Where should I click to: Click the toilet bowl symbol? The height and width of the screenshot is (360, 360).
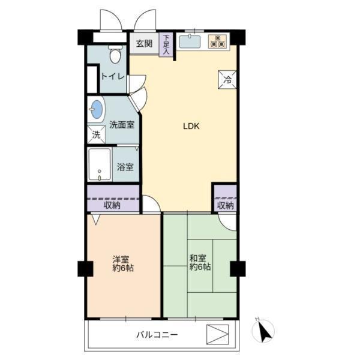[115, 55]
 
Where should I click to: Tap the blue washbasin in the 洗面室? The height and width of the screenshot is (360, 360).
[97, 109]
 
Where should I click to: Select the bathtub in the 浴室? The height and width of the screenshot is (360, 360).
[100, 164]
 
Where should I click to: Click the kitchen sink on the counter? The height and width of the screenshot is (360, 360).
[190, 41]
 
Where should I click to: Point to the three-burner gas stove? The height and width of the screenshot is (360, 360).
[218, 41]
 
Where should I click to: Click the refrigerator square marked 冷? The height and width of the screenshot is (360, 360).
[227, 79]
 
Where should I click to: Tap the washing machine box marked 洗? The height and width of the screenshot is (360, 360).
[96, 134]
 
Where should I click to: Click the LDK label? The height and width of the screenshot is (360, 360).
[191, 126]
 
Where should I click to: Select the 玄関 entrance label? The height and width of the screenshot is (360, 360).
[144, 43]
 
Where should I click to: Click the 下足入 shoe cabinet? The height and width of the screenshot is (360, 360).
[166, 44]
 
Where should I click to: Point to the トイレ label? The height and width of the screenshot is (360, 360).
[113, 76]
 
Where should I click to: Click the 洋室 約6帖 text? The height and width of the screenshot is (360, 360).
[123, 263]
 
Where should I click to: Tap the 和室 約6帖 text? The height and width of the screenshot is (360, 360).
[200, 263]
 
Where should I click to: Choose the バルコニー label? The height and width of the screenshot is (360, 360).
[157, 335]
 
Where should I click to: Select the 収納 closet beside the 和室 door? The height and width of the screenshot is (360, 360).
[226, 197]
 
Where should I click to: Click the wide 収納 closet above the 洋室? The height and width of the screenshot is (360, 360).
[113, 198]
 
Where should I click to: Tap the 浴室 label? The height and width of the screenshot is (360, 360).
[125, 167]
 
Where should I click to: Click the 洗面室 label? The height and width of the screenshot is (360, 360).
[122, 125]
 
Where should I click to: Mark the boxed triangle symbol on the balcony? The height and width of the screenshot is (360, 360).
[217, 334]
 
